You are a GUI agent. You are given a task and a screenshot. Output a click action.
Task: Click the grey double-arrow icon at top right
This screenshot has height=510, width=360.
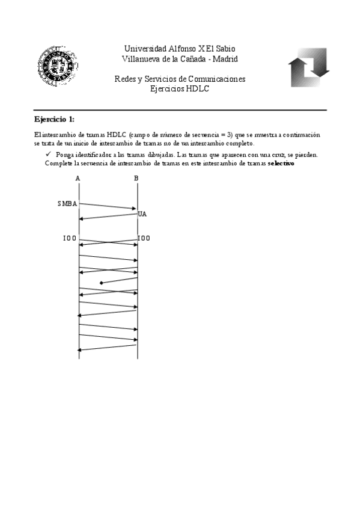[x=308, y=67]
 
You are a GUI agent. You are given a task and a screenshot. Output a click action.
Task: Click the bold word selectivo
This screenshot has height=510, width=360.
[x=281, y=164]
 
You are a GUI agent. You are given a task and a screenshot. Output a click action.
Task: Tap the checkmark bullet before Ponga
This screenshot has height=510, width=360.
[x=49, y=155]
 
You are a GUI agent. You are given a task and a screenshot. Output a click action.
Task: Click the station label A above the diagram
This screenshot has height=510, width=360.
[x=78, y=178]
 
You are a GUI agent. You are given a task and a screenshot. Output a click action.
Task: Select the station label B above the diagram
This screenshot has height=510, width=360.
[x=136, y=178]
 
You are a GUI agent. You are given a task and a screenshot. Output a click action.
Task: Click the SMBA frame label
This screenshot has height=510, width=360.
[x=67, y=203]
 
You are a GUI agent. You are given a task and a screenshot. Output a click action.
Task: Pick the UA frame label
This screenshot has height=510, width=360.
[x=142, y=214]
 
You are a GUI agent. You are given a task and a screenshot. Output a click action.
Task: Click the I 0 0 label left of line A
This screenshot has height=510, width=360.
[x=70, y=238]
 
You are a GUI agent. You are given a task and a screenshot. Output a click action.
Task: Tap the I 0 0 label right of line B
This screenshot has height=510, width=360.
[x=144, y=238]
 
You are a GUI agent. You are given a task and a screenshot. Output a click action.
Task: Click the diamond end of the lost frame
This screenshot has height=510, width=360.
[x=102, y=283]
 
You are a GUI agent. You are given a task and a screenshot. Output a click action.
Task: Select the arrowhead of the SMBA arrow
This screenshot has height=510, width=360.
[x=135, y=209]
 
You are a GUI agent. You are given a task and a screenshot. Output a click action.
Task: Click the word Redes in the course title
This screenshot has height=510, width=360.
[x=124, y=79]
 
